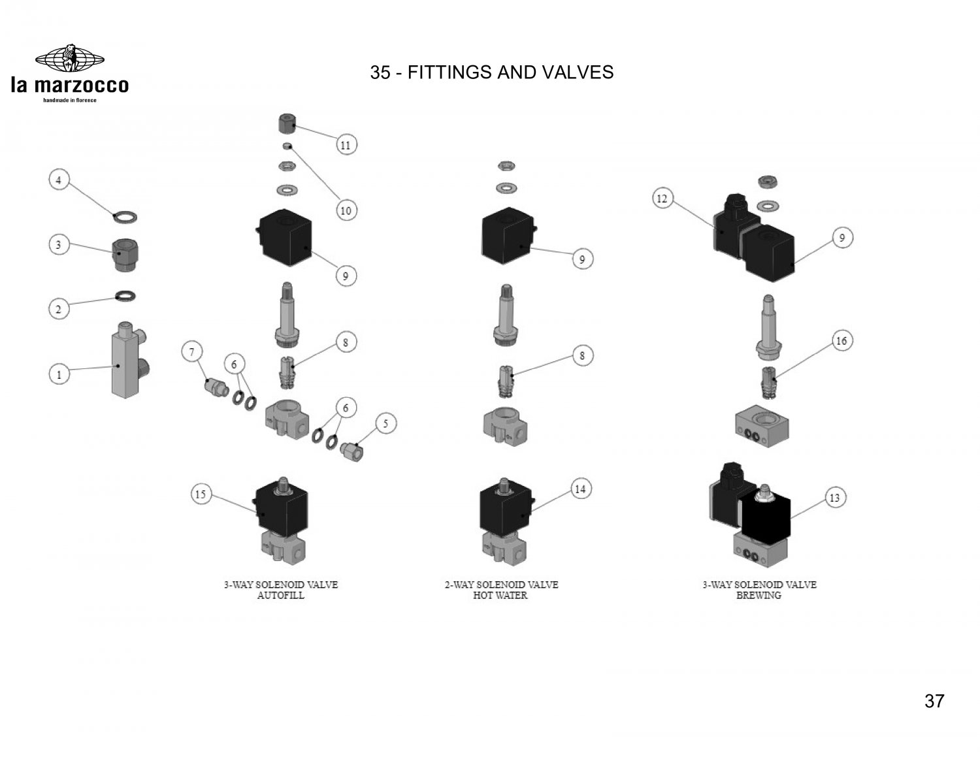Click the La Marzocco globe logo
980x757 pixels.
69,59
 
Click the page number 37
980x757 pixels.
934,701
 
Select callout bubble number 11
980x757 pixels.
346,145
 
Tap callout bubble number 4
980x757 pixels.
59,180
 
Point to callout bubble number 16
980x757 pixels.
841,341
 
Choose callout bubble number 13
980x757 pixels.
834,498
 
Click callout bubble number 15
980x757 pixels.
201,494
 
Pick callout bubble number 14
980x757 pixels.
580,489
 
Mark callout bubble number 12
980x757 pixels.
662,198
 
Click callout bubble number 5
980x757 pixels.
385,424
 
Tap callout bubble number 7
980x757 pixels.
192,353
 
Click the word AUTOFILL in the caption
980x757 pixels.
281,596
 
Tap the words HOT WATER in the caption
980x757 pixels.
500,596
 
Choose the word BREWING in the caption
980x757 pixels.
759,596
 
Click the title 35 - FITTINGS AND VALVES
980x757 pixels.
491,72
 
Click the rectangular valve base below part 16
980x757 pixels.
762,425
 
